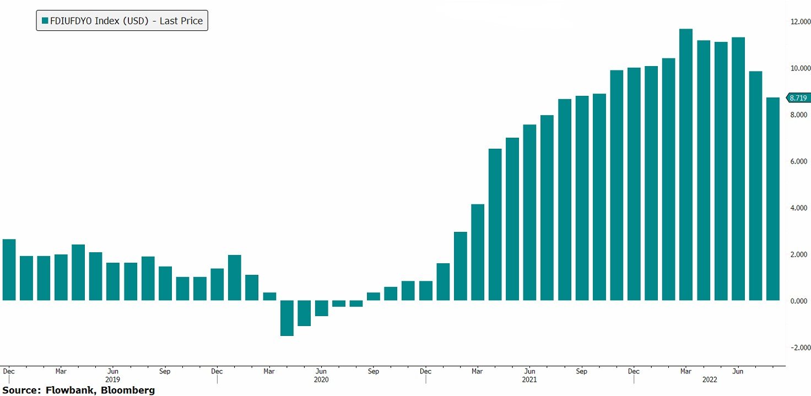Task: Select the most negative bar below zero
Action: (x=286, y=318)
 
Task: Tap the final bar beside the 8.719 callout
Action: (x=772, y=198)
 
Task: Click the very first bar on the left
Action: (x=9, y=269)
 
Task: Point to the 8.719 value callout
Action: (x=798, y=98)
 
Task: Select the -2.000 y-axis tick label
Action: (x=798, y=348)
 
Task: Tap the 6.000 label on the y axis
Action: (x=798, y=161)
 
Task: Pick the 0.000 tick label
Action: (x=798, y=301)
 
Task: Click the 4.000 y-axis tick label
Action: (x=798, y=208)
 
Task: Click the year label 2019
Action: (x=112, y=379)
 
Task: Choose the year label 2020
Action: (x=321, y=379)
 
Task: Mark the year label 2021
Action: (x=529, y=379)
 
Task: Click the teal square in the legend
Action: (x=45, y=21)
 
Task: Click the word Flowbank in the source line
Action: (x=66, y=390)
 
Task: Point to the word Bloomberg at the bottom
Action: (x=130, y=390)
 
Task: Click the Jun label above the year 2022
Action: (x=738, y=371)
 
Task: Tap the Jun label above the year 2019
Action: (x=112, y=371)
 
